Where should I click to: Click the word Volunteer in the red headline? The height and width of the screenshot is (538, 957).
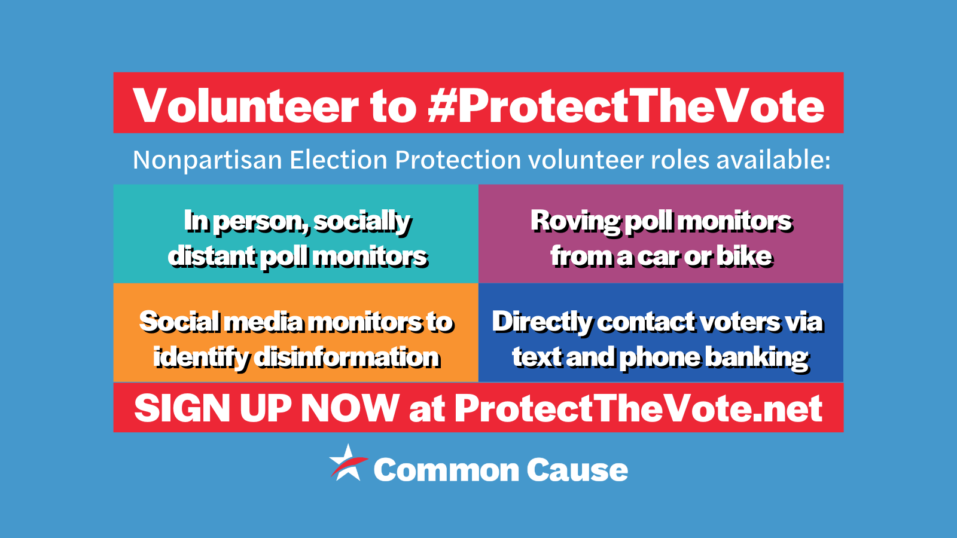(245, 106)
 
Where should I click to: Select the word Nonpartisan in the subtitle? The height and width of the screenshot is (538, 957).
(207, 160)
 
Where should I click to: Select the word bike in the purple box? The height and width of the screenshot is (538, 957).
(744, 256)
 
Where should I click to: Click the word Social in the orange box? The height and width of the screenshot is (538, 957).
(179, 322)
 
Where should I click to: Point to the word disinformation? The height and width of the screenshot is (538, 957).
(347, 357)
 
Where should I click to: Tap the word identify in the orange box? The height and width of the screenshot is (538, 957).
(200, 357)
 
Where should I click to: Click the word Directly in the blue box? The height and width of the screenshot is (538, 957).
(541, 322)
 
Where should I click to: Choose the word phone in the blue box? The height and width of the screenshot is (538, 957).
(660, 357)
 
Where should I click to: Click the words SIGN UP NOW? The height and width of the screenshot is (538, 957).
(267, 408)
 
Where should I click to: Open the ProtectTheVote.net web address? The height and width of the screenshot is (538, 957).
(638, 408)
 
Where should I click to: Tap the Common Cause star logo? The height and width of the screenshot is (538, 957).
(347, 463)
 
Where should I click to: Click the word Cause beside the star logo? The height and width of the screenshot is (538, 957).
(577, 470)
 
